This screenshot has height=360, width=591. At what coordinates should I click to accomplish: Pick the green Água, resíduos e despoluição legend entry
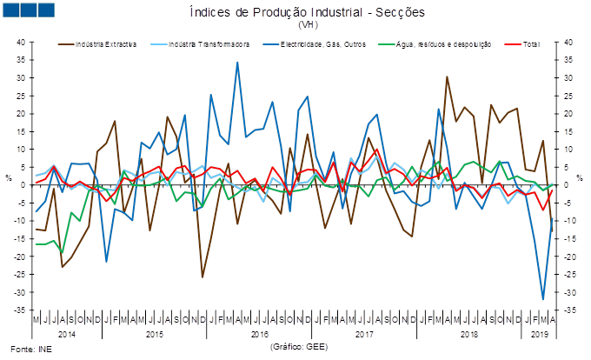point(444,43)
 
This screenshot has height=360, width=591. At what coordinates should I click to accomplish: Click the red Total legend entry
point(522,43)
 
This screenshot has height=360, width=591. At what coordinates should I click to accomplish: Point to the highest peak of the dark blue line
point(237,62)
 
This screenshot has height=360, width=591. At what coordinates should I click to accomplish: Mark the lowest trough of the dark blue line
point(543,300)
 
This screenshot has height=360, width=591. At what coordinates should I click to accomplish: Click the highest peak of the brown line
point(447,77)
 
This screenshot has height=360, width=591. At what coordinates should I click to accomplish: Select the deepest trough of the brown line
point(203,277)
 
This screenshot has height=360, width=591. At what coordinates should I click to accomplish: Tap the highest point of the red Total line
point(376,150)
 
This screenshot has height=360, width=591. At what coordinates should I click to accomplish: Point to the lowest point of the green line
point(62,253)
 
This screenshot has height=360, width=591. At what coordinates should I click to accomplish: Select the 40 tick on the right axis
point(566,42)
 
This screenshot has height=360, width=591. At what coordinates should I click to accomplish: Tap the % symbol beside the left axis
point(9,178)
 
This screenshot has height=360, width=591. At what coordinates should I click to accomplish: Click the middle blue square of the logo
point(28,10)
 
